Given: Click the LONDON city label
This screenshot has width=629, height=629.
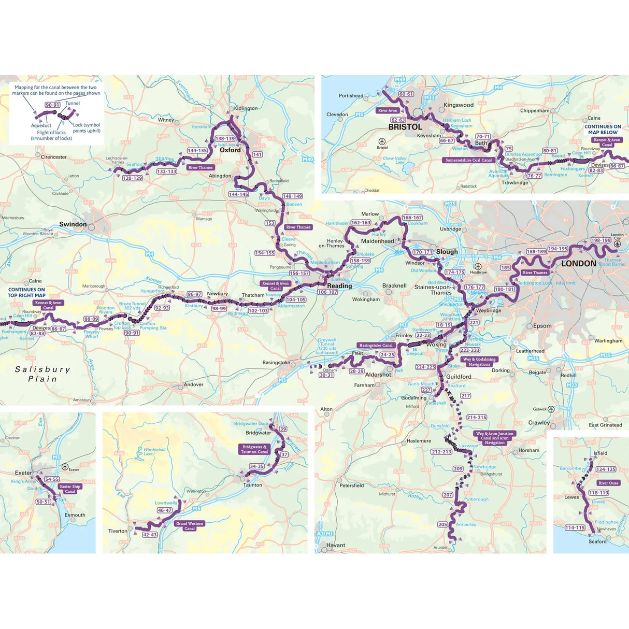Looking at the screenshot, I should pyautogui.click(x=578, y=263).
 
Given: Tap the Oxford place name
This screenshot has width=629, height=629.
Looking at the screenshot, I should pyautogui.click(x=230, y=150).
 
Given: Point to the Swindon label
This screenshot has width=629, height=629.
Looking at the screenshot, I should pyautogui.click(x=73, y=224).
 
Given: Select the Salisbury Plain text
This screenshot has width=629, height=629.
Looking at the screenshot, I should pyautogui.click(x=42, y=374).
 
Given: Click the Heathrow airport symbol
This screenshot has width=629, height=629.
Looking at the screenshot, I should pyautogui.click(x=478, y=266).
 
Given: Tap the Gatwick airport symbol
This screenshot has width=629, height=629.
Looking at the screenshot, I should pyautogui.click(x=551, y=409).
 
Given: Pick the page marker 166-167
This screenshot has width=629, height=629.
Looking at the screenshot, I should pyautogui.click(x=412, y=218).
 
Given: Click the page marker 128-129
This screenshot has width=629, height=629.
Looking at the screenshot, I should pyautogui.click(x=132, y=178).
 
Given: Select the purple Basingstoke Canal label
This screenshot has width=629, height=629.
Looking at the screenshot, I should pyautogui.click(x=376, y=345).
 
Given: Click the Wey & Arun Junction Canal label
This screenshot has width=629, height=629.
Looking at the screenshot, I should pyautogui.click(x=494, y=438).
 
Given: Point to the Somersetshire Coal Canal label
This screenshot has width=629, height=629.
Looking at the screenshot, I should pyautogui.click(x=468, y=160).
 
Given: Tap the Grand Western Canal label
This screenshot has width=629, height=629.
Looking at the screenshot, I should pyautogui.click(x=190, y=526).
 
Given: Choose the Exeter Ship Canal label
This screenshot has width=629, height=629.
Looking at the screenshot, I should pyautogui.click(x=70, y=489).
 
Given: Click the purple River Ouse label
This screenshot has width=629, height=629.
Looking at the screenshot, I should pyautogui.click(x=608, y=483).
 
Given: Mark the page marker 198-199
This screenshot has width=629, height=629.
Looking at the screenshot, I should pyautogui.click(x=601, y=240).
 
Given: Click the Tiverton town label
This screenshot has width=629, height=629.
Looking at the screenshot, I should pyautogui.click(x=118, y=531).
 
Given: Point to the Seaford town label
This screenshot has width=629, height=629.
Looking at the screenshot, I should pyautogui.click(x=597, y=541).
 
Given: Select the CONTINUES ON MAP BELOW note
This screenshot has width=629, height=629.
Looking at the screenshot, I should pyautogui.click(x=602, y=129).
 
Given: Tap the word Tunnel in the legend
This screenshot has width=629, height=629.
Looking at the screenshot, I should pyautogui.click(x=73, y=103).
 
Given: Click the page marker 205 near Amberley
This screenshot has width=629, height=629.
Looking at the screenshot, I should pyautogui.click(x=442, y=524).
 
